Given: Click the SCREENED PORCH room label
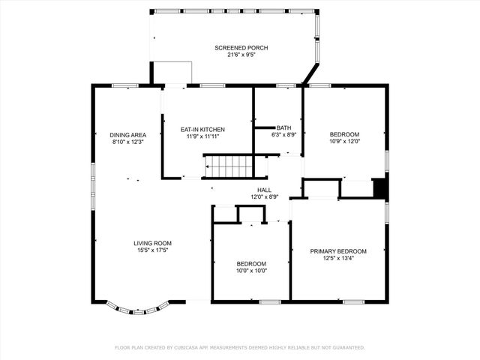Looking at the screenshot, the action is pyautogui.click(x=241, y=48).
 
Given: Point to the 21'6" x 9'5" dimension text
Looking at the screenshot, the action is pyautogui.click(x=241, y=55).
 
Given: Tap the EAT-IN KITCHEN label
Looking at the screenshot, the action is pyautogui.click(x=202, y=130).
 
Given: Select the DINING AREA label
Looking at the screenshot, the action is pyautogui.click(x=128, y=135).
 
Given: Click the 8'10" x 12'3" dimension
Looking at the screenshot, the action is pyautogui.click(x=128, y=142).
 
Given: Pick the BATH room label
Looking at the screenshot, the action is pyautogui.click(x=284, y=127).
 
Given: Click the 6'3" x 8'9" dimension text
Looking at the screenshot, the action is pyautogui.click(x=284, y=135).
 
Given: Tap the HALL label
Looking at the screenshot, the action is pyautogui.click(x=264, y=190).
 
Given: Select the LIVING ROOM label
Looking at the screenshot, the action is pyautogui.click(x=152, y=243).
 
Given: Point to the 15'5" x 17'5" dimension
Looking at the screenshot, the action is pyautogui.click(x=152, y=250).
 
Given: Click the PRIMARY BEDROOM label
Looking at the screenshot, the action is pyautogui.click(x=338, y=251).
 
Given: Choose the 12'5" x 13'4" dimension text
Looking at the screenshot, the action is pyautogui.click(x=338, y=258).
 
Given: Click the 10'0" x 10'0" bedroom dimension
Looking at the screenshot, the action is pyautogui.click(x=251, y=271).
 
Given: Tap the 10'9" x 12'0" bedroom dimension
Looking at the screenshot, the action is pyautogui.click(x=344, y=142).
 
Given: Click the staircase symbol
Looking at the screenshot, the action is pyautogui.click(x=229, y=166).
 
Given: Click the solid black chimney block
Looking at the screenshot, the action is pyautogui.click(x=381, y=188).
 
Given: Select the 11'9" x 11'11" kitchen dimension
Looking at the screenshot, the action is pyautogui.click(x=202, y=136).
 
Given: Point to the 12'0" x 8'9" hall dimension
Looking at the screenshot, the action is pyautogui.click(x=264, y=197).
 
